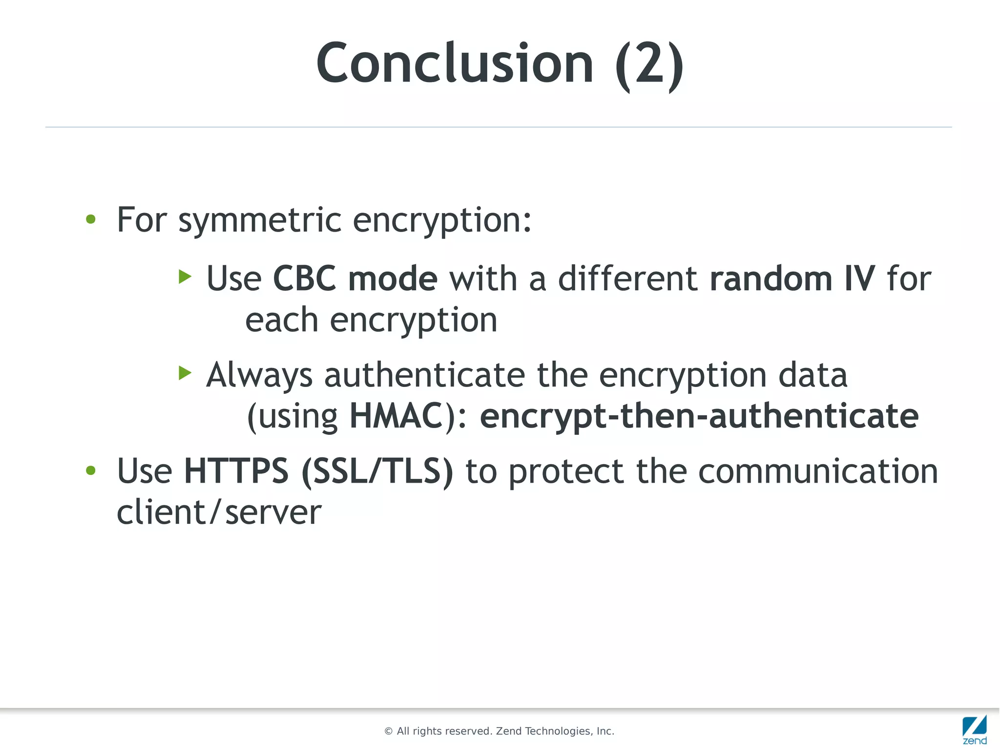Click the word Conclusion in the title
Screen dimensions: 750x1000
[x=454, y=64]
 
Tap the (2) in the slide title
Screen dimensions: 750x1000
[x=649, y=64]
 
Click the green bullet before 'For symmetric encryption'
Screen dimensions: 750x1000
[x=91, y=219]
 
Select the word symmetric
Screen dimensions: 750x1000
[x=260, y=221]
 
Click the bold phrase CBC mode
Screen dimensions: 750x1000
[x=355, y=279]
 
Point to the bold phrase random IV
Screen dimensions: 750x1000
[x=792, y=279]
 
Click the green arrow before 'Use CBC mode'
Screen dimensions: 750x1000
[x=185, y=277]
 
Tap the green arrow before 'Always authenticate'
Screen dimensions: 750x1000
[x=185, y=373]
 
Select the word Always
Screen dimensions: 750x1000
[x=259, y=376]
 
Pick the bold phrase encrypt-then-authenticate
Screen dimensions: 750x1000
[x=699, y=416]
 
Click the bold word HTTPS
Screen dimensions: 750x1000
[x=236, y=471]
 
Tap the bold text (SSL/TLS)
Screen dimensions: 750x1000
[x=377, y=471]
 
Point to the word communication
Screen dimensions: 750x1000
[x=818, y=471]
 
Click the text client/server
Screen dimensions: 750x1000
[x=219, y=513]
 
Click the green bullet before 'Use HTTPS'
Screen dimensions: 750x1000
[x=91, y=471]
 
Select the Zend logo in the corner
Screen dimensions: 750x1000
[x=974, y=729]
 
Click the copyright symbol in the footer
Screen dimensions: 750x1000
[x=389, y=731]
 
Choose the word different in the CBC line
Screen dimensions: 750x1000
[x=627, y=279]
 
